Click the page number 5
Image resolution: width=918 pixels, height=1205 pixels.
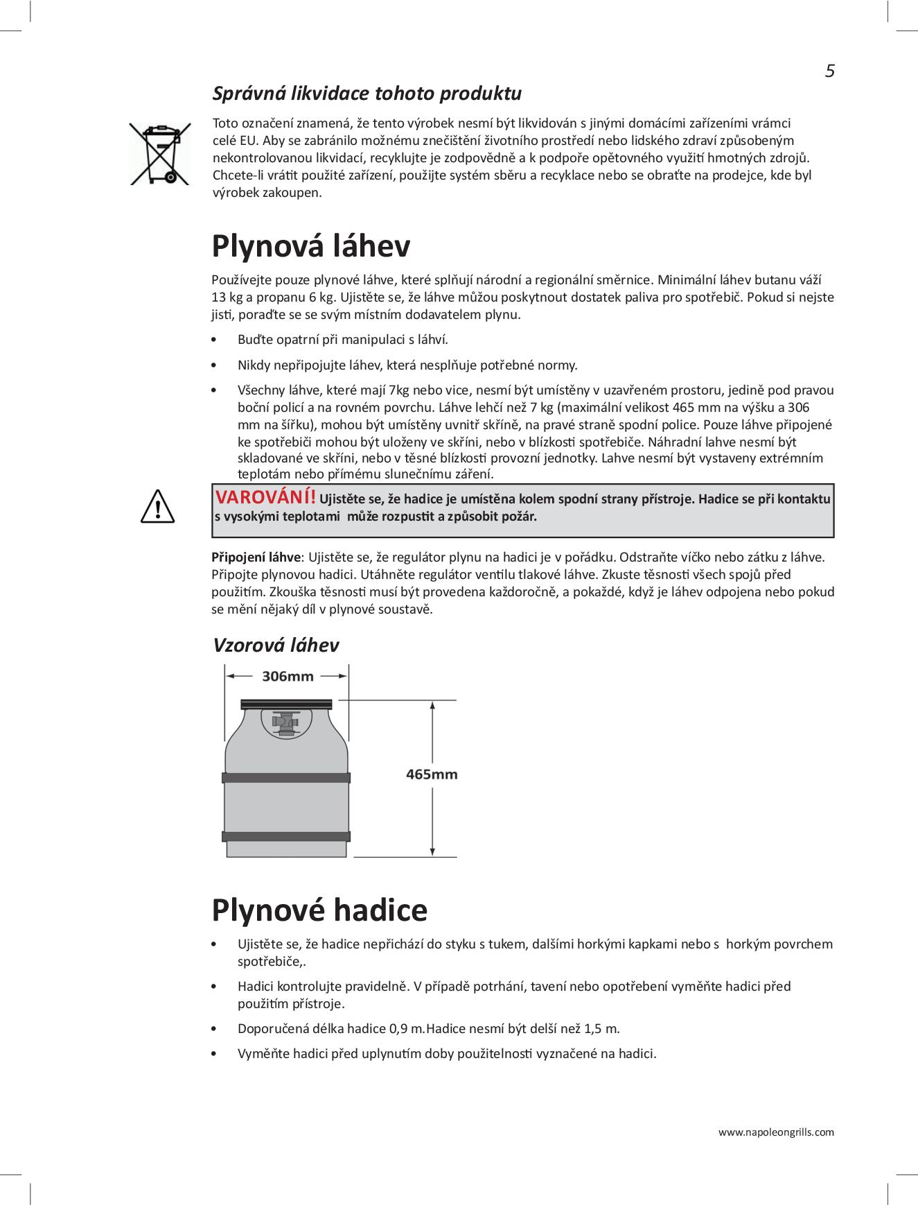(829, 71)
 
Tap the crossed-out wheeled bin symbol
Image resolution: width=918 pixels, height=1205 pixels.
(160, 154)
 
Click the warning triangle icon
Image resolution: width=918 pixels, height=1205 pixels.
(158, 507)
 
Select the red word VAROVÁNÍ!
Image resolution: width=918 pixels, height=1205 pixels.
(266, 497)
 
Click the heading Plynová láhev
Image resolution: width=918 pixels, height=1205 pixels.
(310, 246)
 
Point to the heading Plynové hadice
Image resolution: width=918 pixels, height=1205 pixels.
(319, 910)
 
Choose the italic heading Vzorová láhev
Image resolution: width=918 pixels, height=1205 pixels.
(276, 645)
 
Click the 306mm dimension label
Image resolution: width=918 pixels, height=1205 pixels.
(288, 676)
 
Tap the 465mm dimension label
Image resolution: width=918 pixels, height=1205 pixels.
(432, 774)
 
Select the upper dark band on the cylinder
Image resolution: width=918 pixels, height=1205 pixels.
(285, 777)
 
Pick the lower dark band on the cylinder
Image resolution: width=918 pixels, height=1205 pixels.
(285, 835)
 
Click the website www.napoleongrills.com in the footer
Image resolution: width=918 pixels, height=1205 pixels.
(776, 1132)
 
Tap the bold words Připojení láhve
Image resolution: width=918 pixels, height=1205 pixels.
(256, 557)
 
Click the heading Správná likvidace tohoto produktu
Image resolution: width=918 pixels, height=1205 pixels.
(367, 93)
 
